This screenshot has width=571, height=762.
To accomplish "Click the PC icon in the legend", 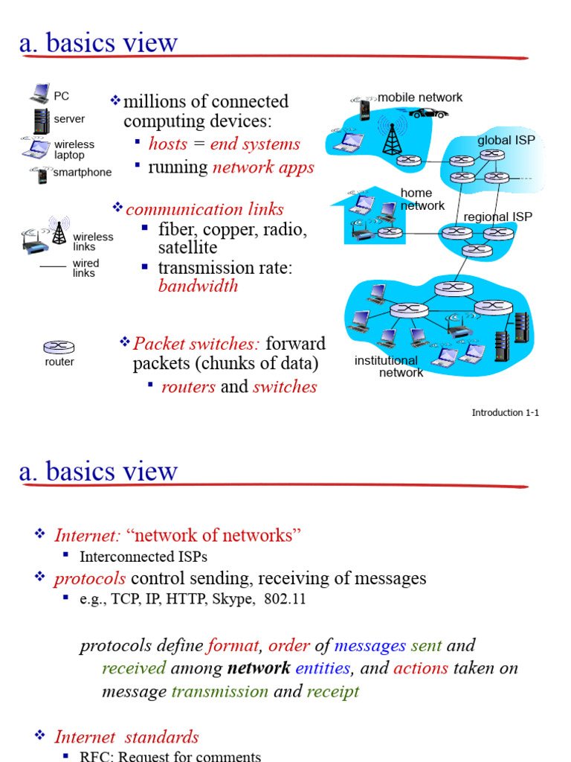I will coord(39,94).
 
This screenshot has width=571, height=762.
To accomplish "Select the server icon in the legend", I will coord(40,120).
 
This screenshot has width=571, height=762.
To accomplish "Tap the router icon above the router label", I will coord(59,347).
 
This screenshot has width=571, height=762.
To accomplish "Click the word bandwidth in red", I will coord(198,286).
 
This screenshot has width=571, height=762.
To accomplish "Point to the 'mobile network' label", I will coord(419,97).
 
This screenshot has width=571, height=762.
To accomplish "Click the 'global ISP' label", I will coord(506,140).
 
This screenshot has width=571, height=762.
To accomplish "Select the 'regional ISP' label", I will coord(497,217).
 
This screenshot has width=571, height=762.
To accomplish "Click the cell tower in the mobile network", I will coord(390,135).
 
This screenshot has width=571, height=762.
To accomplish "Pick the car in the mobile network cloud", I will coord(429,113).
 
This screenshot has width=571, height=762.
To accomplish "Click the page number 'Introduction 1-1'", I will coord(505,413).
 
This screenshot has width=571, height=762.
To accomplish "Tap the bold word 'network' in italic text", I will coord(258,668).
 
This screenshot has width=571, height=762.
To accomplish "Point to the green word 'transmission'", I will coord(220,691).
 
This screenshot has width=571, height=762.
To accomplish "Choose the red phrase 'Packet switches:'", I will coord(196,344).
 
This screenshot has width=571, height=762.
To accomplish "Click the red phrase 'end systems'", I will coord(255,144).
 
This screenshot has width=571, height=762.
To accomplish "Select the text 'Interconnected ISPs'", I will coord(143,557).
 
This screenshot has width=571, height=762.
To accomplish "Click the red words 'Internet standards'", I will coord(126,737).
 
